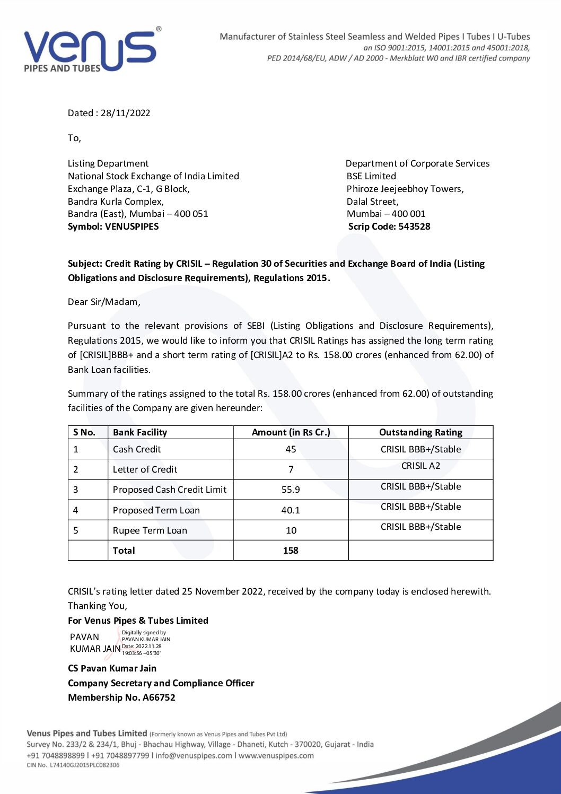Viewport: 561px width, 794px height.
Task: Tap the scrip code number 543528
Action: pos(414,226)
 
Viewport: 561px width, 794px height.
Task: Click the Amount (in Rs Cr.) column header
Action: pos(291,432)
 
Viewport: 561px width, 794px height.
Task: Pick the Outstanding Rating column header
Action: pos(420,432)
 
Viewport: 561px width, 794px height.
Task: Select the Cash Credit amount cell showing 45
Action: pos(291,449)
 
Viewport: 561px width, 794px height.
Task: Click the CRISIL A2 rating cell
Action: pos(420,466)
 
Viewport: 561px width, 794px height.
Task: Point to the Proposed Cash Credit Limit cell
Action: pos(170,490)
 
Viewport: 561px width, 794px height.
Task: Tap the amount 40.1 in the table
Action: pos(291,510)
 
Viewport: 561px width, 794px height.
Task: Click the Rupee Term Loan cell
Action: pos(150,530)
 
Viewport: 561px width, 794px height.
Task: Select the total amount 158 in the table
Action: pos(291,551)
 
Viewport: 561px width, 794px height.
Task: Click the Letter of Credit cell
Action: pos(145,469)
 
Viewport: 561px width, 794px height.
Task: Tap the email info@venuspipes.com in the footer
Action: pos(194,755)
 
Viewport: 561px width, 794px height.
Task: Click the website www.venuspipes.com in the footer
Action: pos(276,755)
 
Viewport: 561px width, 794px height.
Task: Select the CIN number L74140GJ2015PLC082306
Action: pos(84,765)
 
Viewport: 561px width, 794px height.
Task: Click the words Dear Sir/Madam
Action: pos(104,302)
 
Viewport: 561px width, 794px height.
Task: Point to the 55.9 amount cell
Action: pos(291,490)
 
